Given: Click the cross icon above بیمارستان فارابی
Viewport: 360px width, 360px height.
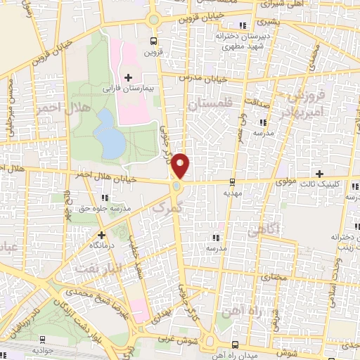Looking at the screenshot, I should click(x=127, y=77).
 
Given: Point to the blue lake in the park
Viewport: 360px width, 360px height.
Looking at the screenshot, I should click(x=110, y=134).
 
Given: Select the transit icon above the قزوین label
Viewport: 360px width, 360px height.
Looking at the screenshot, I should click(x=154, y=41).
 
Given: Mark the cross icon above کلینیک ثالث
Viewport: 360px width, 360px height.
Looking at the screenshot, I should click(x=319, y=173).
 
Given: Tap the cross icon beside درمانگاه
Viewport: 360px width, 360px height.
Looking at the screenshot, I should click(x=101, y=235).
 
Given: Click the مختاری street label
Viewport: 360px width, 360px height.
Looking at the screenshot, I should click(x=275, y=278).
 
